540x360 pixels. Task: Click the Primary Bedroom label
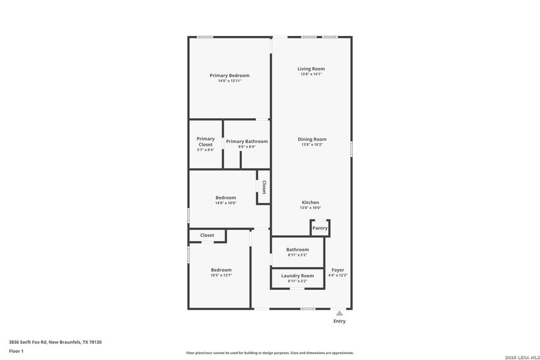pos(229,76)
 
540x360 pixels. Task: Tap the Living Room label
pos(311,69)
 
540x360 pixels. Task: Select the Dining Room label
pos(312,139)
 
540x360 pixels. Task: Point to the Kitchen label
pos(310,202)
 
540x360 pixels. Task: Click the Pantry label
pos(320,228)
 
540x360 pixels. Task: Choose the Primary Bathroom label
pos(247,142)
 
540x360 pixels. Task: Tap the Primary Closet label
pos(205,142)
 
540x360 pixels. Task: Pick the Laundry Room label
pos(298,275)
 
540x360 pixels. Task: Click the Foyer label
pos(338,270)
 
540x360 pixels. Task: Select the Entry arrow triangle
pos(339,313)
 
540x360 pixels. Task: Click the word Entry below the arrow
pos(339,321)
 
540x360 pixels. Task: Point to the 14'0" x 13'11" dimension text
pos(229,81)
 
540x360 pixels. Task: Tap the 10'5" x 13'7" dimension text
pos(221,275)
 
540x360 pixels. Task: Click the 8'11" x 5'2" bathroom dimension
pos(298,255)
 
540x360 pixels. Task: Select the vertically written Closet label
pos(263,187)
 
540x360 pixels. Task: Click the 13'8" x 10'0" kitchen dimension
pos(310,208)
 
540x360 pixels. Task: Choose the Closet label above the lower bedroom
pos(207,235)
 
